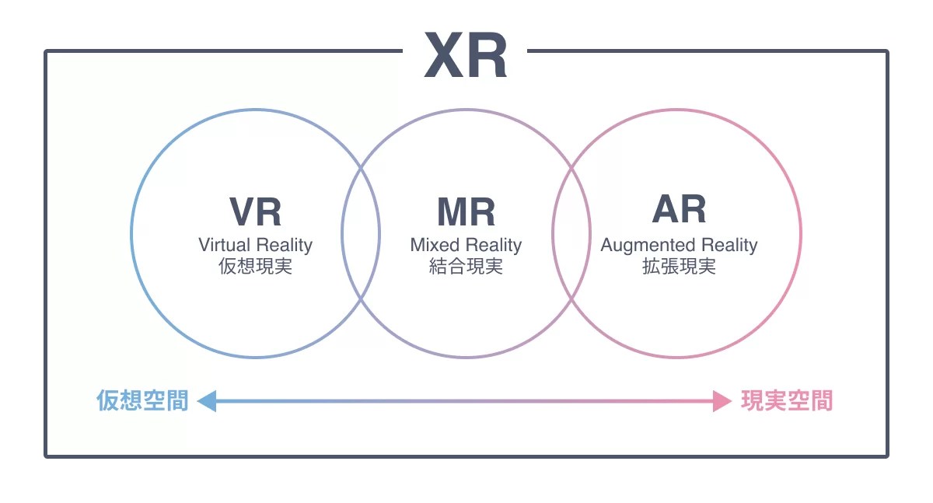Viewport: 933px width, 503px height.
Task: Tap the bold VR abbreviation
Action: tap(255, 211)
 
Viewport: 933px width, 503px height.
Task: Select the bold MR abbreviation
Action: tap(466, 211)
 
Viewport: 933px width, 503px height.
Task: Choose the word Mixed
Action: tap(435, 245)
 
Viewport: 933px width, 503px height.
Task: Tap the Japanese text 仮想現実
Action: tap(256, 267)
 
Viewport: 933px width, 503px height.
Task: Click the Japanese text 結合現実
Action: tap(466, 267)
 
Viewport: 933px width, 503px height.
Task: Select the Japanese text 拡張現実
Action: tap(679, 267)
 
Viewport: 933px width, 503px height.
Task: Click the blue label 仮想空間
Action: tap(142, 401)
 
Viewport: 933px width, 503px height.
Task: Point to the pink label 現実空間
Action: tap(786, 401)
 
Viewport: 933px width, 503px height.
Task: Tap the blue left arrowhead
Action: tap(206, 401)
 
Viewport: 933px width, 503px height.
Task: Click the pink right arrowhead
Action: tap(722, 401)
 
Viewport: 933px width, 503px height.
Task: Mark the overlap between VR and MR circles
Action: tap(361, 233)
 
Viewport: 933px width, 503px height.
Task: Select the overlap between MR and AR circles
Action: tap(571, 233)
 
